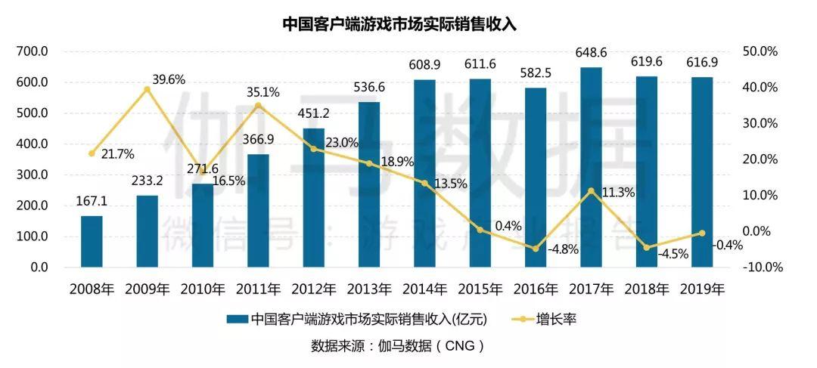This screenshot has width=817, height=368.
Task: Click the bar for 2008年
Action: (92, 242)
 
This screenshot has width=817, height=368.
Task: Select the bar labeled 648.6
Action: (591, 167)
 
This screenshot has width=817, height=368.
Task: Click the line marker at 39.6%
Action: (147, 89)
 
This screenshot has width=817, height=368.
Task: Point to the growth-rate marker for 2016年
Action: (536, 249)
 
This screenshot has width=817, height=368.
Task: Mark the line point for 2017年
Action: (591, 191)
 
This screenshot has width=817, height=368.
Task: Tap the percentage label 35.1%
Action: (262, 93)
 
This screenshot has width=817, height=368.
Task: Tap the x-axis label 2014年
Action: (424, 289)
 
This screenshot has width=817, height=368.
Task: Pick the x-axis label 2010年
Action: (202, 289)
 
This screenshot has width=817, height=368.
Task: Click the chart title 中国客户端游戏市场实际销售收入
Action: (399, 23)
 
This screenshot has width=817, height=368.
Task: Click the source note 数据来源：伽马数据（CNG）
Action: (397, 346)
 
